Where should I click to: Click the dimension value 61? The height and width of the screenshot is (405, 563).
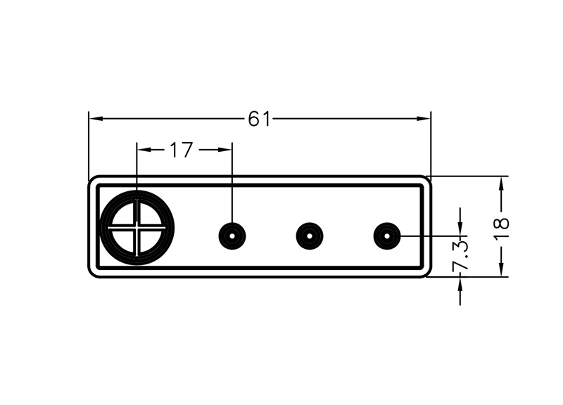click(259, 119)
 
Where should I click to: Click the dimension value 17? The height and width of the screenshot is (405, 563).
click(182, 150)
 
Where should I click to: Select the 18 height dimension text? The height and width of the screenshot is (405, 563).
click(502, 229)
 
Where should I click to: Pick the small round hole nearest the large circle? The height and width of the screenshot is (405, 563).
click(232, 236)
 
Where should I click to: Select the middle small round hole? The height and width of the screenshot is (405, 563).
click(310, 236)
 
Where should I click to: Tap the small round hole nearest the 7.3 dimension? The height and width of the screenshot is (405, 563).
click(387, 236)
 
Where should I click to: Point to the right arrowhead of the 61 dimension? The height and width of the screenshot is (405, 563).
click(423, 119)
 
